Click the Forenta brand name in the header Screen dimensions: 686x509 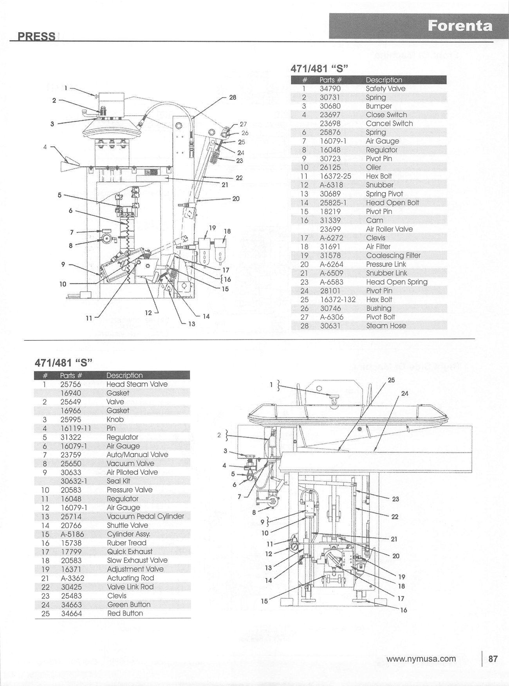pos(460,26)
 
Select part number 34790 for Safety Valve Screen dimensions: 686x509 pos(330,89)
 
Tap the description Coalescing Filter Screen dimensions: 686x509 pos(393,255)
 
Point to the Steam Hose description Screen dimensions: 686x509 pos(386,326)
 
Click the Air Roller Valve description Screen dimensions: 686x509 pos(389,229)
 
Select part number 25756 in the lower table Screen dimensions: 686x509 pos(71,384)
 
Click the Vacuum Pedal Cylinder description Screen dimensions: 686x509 pos(145,516)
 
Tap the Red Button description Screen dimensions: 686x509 pos(125,613)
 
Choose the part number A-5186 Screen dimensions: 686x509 pos(72,534)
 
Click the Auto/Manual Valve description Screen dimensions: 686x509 pos(137,455)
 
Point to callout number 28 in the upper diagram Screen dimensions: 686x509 pos(233,97)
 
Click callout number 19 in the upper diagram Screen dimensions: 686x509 pos(212,228)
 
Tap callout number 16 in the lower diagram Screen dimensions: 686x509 pos(403,610)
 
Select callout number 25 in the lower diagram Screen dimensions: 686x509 pos(391,380)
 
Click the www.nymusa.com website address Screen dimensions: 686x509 pos(421,659)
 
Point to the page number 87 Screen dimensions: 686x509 pos(493,659)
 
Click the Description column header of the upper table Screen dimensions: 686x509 pos(384,80)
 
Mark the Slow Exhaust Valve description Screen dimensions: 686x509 pos(137,560)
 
